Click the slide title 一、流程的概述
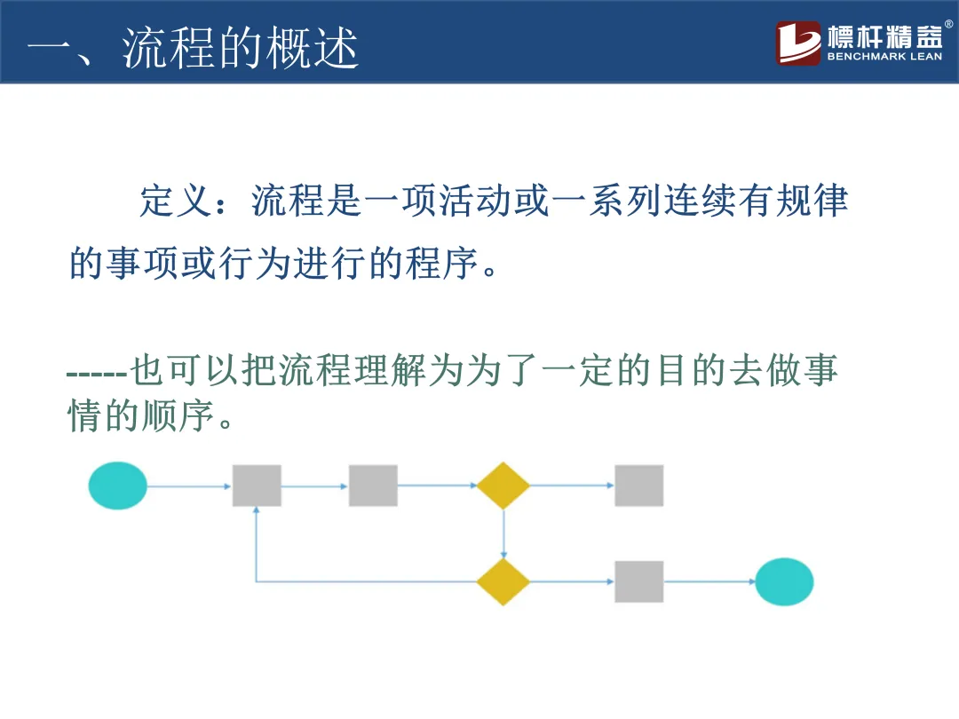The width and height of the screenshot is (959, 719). point(193,48)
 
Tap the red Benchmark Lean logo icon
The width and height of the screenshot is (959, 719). point(798,43)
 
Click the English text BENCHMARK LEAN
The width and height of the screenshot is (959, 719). point(884,57)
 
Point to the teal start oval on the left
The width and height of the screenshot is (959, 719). point(118,486)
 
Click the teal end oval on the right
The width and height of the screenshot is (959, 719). point(784,582)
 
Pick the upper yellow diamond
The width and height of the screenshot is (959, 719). point(503,486)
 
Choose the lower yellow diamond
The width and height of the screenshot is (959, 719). point(503,582)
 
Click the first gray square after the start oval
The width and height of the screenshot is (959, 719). point(257,486)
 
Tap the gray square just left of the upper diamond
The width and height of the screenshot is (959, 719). point(373,486)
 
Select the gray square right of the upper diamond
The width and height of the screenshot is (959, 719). point(638,486)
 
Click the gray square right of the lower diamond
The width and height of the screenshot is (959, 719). point(638,582)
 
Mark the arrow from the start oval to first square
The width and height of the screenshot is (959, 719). point(189,486)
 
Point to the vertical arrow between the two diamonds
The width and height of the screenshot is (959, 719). point(503,534)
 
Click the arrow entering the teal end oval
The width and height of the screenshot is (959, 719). point(709,582)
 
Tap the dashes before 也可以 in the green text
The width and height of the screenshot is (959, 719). point(98,370)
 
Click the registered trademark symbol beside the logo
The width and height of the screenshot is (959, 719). point(948,25)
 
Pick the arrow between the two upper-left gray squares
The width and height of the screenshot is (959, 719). point(314,486)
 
